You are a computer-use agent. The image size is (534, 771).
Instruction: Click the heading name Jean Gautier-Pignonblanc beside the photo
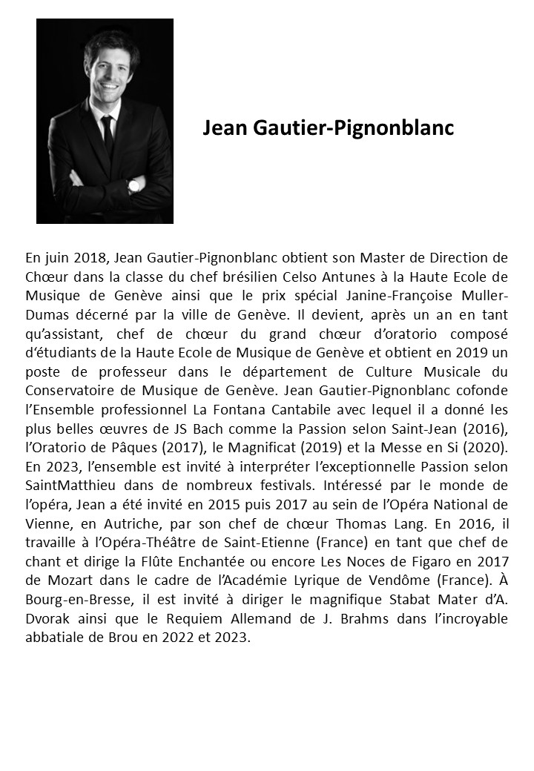click(x=328, y=128)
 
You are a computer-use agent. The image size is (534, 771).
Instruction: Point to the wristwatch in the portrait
click(x=134, y=185)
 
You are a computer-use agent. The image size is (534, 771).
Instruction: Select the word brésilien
click(x=220, y=277)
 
